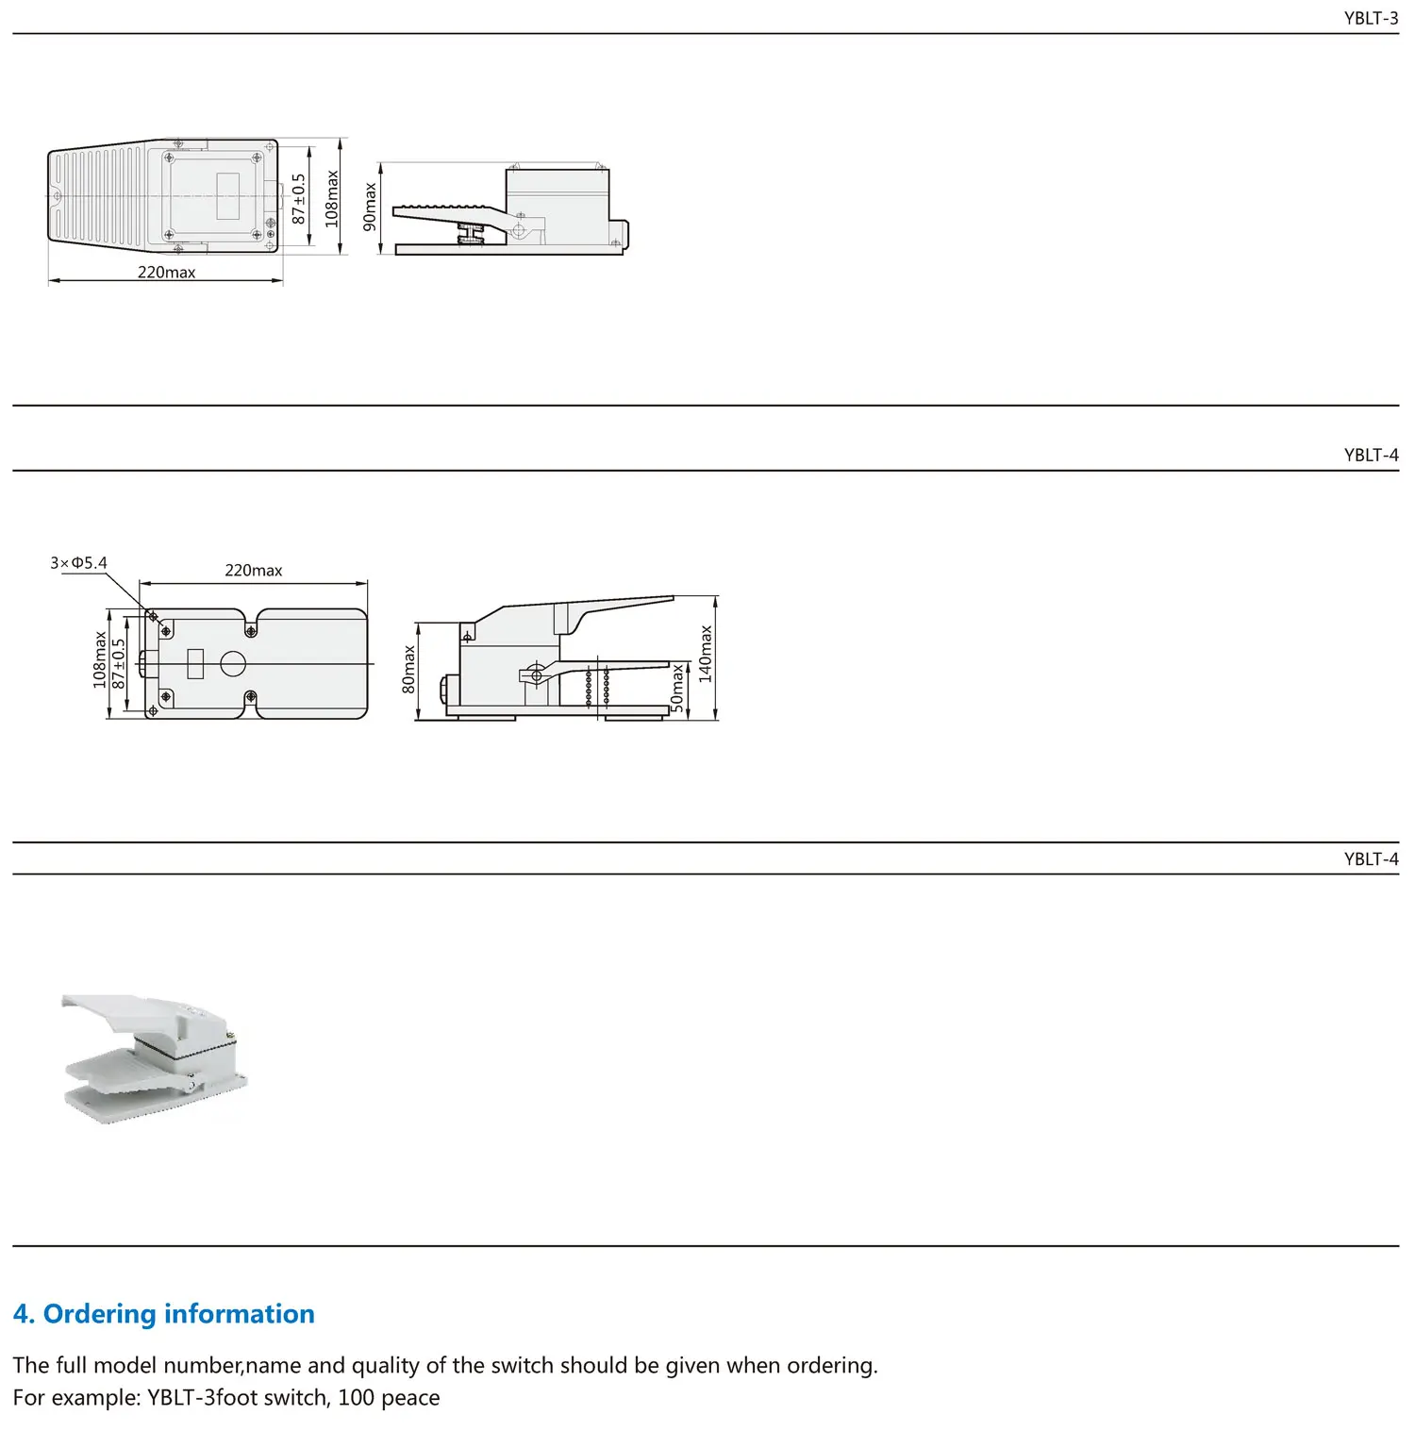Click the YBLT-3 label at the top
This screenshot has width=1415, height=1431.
tap(1371, 18)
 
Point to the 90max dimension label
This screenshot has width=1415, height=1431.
tap(370, 208)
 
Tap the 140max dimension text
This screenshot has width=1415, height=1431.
tap(706, 654)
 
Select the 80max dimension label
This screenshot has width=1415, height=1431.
tap(408, 670)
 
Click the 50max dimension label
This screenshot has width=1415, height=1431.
tap(676, 689)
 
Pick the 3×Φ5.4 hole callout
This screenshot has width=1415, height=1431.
tap(78, 563)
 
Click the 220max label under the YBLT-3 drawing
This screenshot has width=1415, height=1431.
tap(166, 273)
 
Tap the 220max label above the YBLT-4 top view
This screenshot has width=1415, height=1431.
tap(253, 571)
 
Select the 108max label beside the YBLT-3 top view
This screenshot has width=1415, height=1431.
tap(331, 198)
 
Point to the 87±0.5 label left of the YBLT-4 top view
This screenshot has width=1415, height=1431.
tap(119, 663)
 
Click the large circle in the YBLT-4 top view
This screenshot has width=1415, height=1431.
tap(233, 664)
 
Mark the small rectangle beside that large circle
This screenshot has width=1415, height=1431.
tap(195, 664)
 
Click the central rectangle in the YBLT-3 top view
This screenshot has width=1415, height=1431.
tap(228, 196)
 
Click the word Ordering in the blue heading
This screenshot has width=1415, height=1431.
tap(99, 1314)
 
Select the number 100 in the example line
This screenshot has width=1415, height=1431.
tap(356, 1398)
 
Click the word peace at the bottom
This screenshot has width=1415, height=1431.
tap(410, 1398)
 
